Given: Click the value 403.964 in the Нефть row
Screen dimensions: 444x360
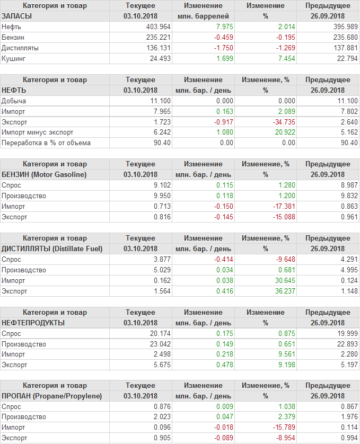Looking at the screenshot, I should [x=158, y=26].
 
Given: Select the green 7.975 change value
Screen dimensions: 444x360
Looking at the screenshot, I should [x=223, y=26].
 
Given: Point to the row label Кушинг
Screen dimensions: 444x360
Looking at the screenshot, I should [x=14, y=58].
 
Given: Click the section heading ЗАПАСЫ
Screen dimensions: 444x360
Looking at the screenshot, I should [x=17, y=16].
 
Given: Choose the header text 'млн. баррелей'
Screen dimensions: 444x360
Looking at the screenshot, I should [x=203, y=16].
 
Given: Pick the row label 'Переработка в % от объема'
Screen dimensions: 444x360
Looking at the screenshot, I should [x=46, y=143].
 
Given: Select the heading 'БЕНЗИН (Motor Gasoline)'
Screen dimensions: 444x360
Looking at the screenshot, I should [x=44, y=174].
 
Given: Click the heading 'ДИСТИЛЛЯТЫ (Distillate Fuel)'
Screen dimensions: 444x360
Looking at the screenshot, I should [x=52, y=248].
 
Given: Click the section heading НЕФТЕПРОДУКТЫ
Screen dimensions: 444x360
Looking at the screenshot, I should [x=33, y=323].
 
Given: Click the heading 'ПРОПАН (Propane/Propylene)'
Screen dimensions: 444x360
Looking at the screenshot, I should [x=51, y=396].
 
